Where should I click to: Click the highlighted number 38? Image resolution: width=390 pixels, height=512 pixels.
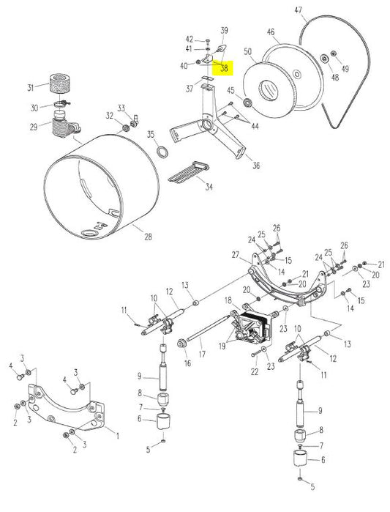pos(224,68)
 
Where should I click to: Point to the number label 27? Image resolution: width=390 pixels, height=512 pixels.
pos(236,255)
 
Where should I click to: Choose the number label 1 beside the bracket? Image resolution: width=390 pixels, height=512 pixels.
pos(119,433)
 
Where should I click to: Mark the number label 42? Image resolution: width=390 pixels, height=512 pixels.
pos(189,39)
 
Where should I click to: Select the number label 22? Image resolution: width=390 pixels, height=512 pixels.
pos(255,372)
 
